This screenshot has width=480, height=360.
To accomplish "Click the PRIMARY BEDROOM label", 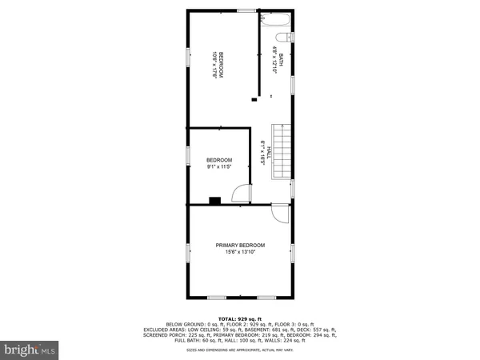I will pos(240,245).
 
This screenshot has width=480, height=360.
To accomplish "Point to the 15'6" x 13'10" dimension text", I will pos(240,253).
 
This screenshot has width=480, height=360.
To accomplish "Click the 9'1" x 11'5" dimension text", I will pos(218,167).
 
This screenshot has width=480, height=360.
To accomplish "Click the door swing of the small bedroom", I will pos(238,193).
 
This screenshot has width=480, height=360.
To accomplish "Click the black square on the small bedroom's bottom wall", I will pos(214,201).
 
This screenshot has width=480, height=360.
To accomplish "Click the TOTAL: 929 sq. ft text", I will pos(239,318).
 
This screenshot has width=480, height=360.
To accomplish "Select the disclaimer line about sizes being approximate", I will pos(239,350).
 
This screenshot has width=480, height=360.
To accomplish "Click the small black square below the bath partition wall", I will pos(254,99).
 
